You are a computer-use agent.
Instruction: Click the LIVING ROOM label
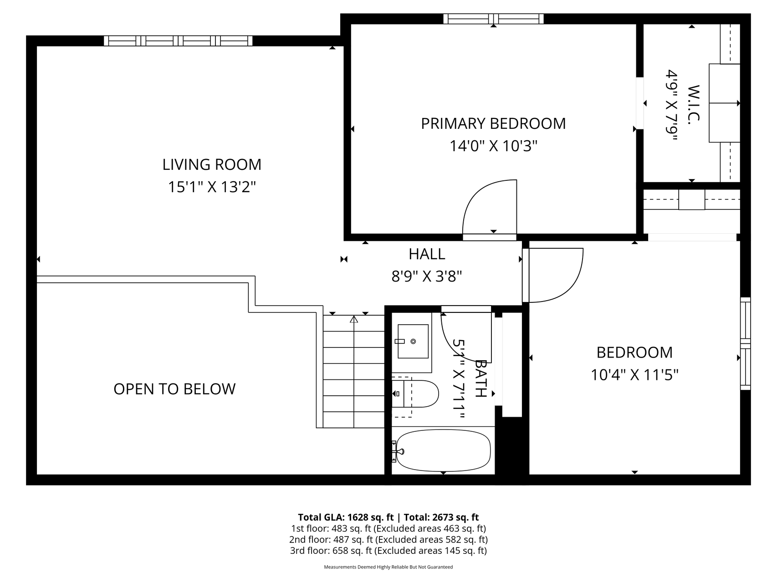click(212, 164)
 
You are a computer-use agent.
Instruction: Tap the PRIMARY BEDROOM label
click(493, 123)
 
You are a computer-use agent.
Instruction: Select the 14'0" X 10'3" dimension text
click(494, 146)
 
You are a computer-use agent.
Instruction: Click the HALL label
click(427, 254)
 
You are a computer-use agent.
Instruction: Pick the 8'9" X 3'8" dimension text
click(427, 276)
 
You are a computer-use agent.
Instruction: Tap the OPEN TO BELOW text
click(174, 389)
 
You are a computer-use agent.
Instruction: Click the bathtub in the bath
click(443, 451)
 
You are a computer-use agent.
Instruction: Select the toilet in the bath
click(415, 394)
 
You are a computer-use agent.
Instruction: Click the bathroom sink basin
click(413, 341)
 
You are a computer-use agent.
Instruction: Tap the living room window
click(178, 41)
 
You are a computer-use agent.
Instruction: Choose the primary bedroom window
click(494, 19)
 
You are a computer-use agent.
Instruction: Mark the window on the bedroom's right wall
click(745, 343)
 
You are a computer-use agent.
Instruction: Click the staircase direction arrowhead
click(354, 319)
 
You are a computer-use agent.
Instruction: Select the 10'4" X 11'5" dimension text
click(634, 375)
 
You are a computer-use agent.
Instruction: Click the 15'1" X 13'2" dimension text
click(212, 187)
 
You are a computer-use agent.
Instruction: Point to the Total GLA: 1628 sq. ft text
click(346, 517)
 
